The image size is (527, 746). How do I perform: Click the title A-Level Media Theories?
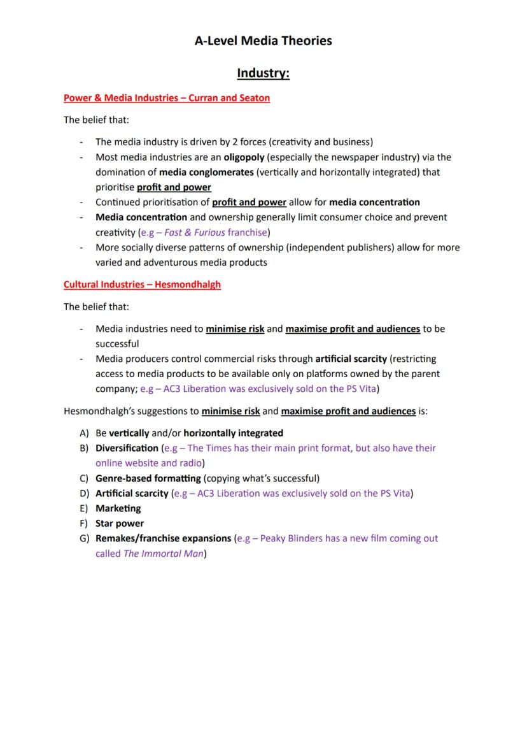click(263, 41)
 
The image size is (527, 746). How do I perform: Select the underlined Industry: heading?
click(263, 73)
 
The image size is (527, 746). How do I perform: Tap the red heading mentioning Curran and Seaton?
click(166, 97)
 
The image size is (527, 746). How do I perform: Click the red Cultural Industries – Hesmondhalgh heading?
click(142, 284)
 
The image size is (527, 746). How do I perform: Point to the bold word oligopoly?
click(244, 157)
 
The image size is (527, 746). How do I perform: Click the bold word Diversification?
click(127, 448)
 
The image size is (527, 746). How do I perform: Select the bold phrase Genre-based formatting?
click(148, 478)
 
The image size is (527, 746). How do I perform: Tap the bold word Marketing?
click(118, 508)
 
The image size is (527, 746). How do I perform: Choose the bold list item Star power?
click(120, 523)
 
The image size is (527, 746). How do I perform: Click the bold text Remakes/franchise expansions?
click(163, 538)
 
